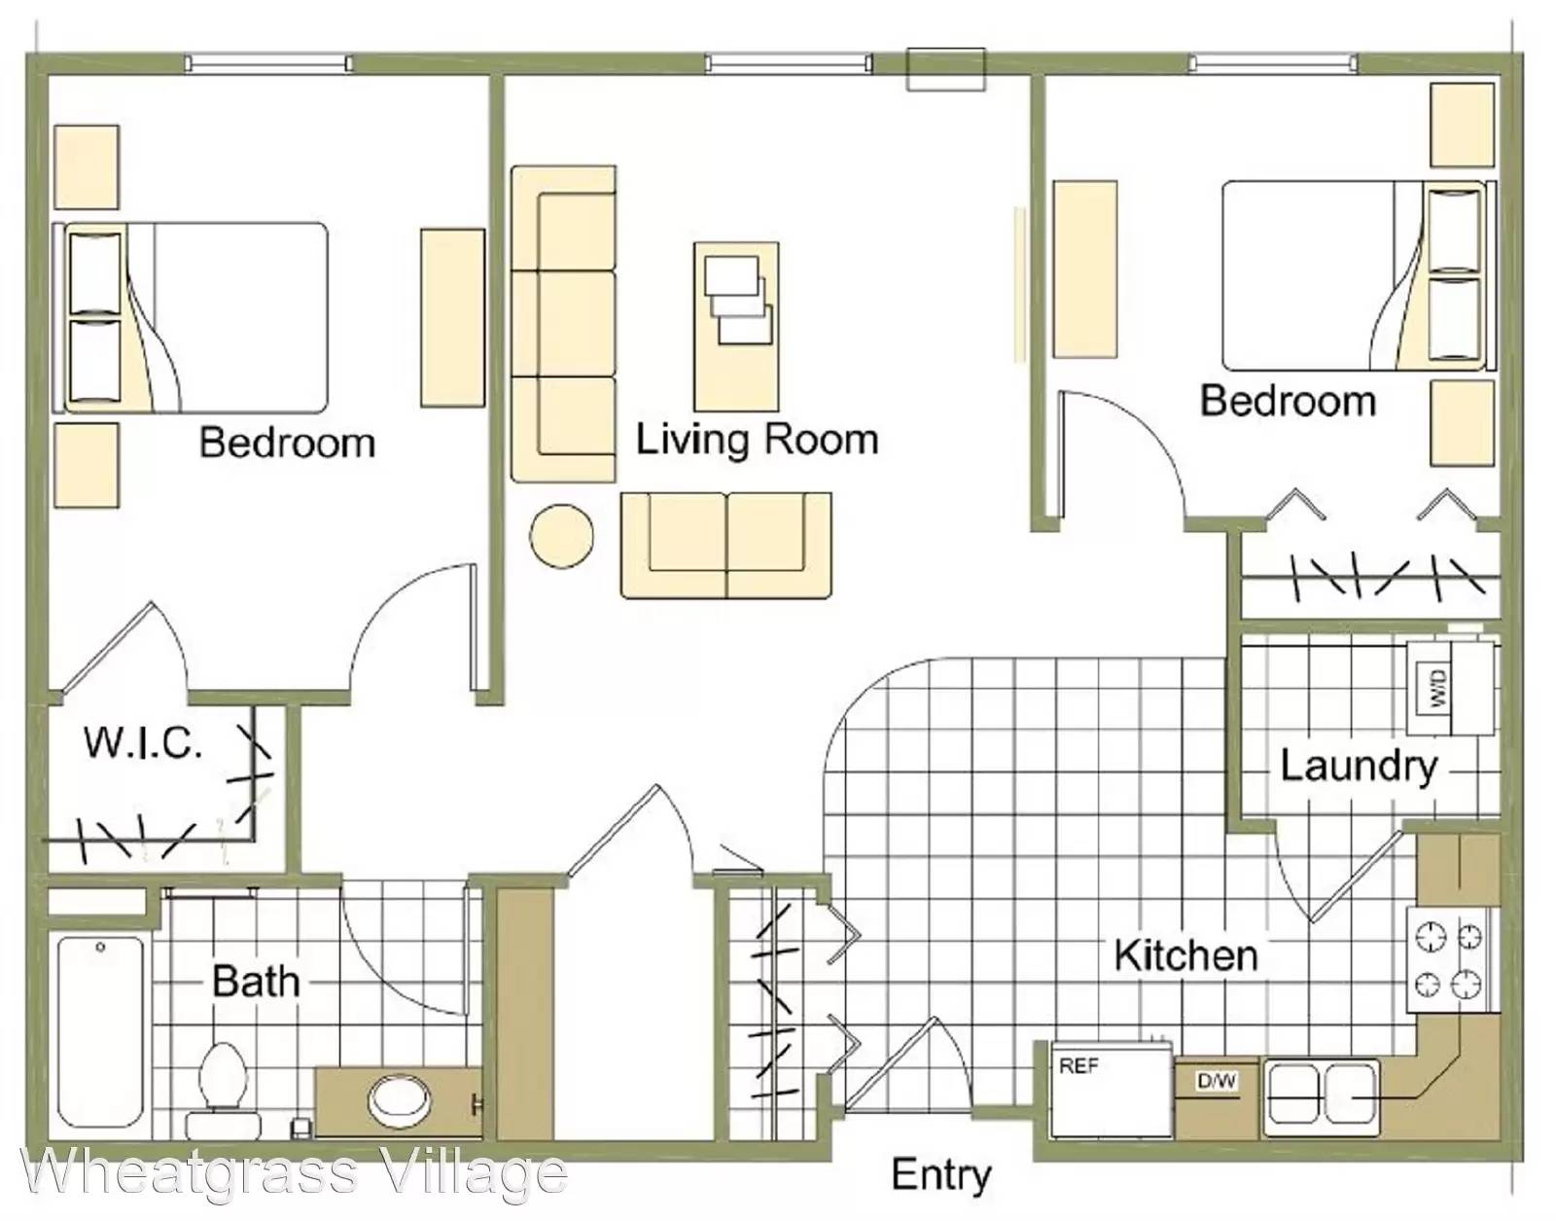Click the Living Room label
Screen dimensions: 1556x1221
[x=757, y=439]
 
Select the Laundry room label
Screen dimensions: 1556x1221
[x=1359, y=768]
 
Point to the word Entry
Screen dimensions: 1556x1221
[x=941, y=1174]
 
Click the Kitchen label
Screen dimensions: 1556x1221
[x=1185, y=955]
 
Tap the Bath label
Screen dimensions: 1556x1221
[x=256, y=981]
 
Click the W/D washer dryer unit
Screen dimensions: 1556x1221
[x=1450, y=688]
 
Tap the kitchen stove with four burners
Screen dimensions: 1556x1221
[x=1451, y=960]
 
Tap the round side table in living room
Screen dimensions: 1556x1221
[x=561, y=536]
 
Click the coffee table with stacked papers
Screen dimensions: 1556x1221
[x=737, y=327]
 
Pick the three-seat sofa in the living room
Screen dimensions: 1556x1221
[x=563, y=324]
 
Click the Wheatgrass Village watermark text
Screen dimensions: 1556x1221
[x=295, y=1173]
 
